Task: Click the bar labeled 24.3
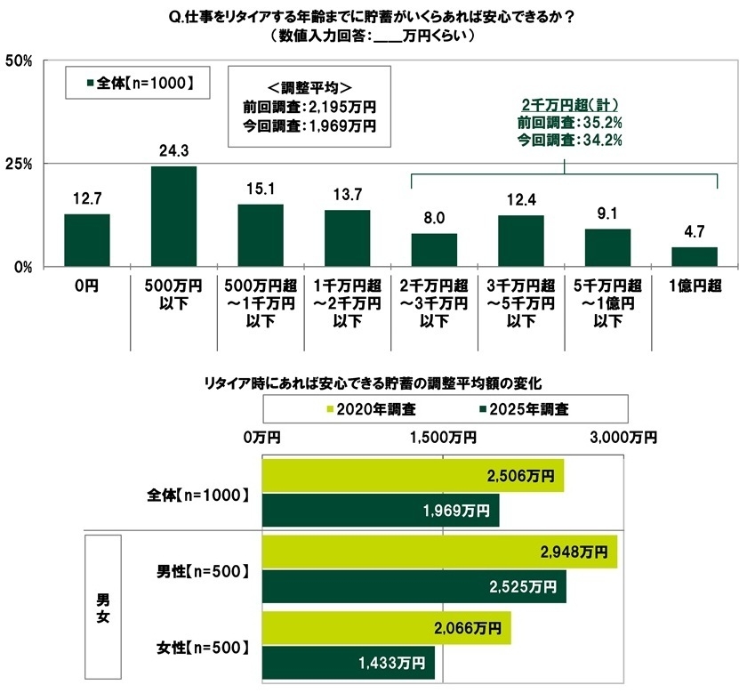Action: (x=173, y=216)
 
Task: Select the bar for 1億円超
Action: (x=695, y=256)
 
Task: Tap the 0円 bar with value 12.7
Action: (x=87, y=240)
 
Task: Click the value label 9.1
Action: (x=607, y=213)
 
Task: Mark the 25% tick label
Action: (x=19, y=164)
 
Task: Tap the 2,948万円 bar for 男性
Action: (x=439, y=552)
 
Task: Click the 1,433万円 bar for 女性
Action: (x=348, y=662)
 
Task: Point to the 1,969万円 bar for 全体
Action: (x=381, y=510)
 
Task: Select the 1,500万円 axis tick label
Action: (x=443, y=437)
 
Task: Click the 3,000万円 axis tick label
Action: (x=623, y=437)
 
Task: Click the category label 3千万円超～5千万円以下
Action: (x=521, y=303)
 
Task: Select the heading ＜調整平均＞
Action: (x=301, y=87)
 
